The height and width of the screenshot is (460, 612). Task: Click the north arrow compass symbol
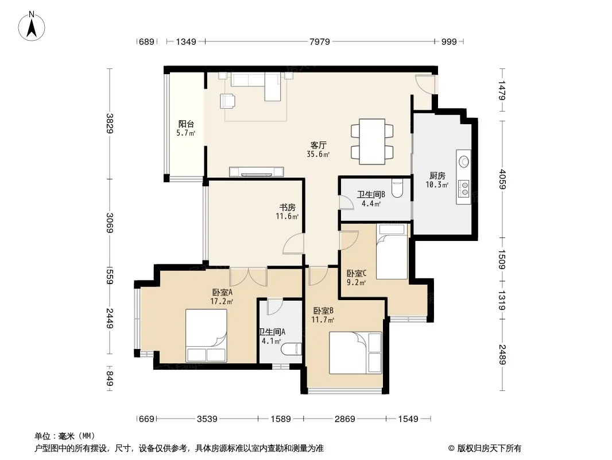[32, 26]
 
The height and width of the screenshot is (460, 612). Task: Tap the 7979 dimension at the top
[320, 41]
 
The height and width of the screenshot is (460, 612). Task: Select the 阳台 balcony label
[186, 124]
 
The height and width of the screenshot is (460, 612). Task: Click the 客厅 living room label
[319, 145]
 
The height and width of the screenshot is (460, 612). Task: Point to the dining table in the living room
[372, 141]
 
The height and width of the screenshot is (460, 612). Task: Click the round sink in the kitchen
[464, 160]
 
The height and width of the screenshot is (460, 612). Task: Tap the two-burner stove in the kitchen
[464, 188]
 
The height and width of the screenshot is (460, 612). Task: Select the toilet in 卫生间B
[397, 189]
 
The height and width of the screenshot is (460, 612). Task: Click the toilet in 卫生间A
[292, 349]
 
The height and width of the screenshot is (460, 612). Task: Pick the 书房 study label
[287, 207]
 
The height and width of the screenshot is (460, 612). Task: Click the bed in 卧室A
[206, 335]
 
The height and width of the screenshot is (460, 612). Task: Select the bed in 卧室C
[392, 252]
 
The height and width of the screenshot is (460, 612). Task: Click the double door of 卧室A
[248, 277]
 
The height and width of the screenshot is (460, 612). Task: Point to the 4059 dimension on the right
[502, 179]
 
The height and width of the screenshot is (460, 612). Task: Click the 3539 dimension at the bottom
[207, 419]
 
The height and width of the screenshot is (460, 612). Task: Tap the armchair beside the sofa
[227, 101]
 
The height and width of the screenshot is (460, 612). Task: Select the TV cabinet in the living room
[257, 171]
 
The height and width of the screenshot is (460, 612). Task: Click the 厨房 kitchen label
[437, 175]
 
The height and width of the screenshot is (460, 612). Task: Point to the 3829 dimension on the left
[110, 123]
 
